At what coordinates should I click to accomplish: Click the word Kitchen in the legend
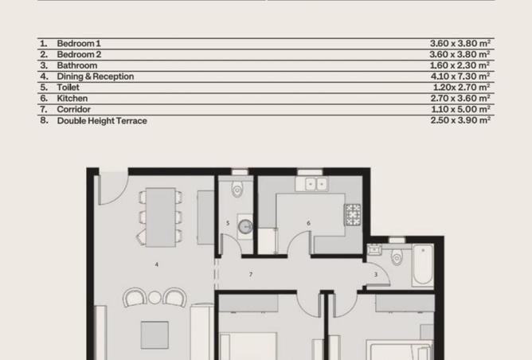pos(72,99)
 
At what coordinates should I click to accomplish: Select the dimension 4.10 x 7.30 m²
pos(460,76)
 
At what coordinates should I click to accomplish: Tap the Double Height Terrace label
pos(102,121)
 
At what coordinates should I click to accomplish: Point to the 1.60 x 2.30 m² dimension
pos(460,65)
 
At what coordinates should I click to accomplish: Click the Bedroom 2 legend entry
pos(79,54)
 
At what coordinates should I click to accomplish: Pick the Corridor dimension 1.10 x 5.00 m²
pos(460,109)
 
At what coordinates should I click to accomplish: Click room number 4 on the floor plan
pos(157,264)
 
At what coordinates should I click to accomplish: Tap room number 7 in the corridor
pos(251,275)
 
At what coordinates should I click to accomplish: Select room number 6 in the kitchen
pos(308,224)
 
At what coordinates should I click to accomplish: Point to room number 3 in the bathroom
pos(376,275)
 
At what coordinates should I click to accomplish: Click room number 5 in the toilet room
pos(228,224)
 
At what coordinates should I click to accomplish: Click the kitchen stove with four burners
pos(352,213)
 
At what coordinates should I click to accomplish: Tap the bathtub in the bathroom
pos(422,265)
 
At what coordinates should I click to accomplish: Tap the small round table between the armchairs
pos(155,298)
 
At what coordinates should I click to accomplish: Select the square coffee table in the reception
pos(155,335)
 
